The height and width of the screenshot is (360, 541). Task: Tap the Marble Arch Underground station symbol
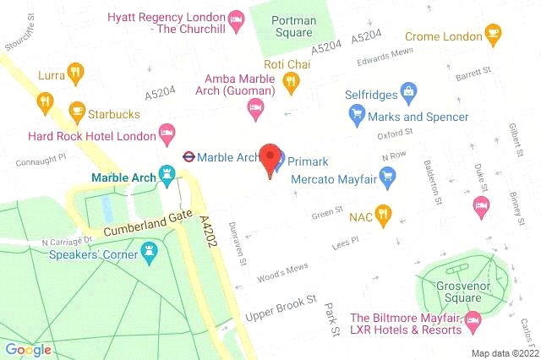pos(189,156)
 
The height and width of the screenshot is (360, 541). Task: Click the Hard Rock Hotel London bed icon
pos(167,134)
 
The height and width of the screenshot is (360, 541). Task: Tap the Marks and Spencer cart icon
pos(358,115)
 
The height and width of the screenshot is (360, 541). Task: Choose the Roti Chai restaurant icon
pos(290,82)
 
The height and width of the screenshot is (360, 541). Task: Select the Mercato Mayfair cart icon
pos(388,177)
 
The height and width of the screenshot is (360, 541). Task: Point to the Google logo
pos(28,349)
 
